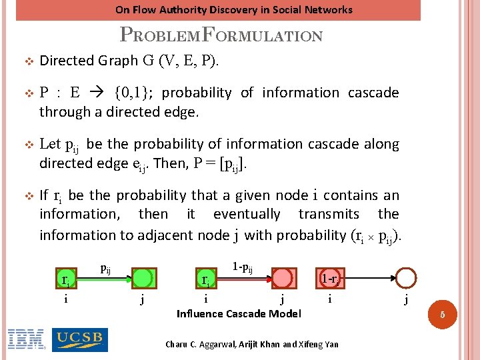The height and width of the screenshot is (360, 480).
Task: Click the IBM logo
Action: pos(26,340)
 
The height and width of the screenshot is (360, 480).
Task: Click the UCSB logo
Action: pos(79,340)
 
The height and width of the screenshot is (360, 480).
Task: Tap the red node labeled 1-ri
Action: pos(331,278)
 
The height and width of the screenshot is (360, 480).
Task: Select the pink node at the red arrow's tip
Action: pos(283,278)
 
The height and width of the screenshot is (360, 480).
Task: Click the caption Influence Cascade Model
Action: pos(239,313)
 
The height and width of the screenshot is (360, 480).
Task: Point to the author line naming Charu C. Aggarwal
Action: pos(252,344)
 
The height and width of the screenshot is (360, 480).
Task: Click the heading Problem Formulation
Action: pos(221,35)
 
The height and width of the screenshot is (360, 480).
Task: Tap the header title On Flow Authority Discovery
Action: pos(233,9)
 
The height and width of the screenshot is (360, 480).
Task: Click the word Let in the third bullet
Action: pos(50,144)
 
